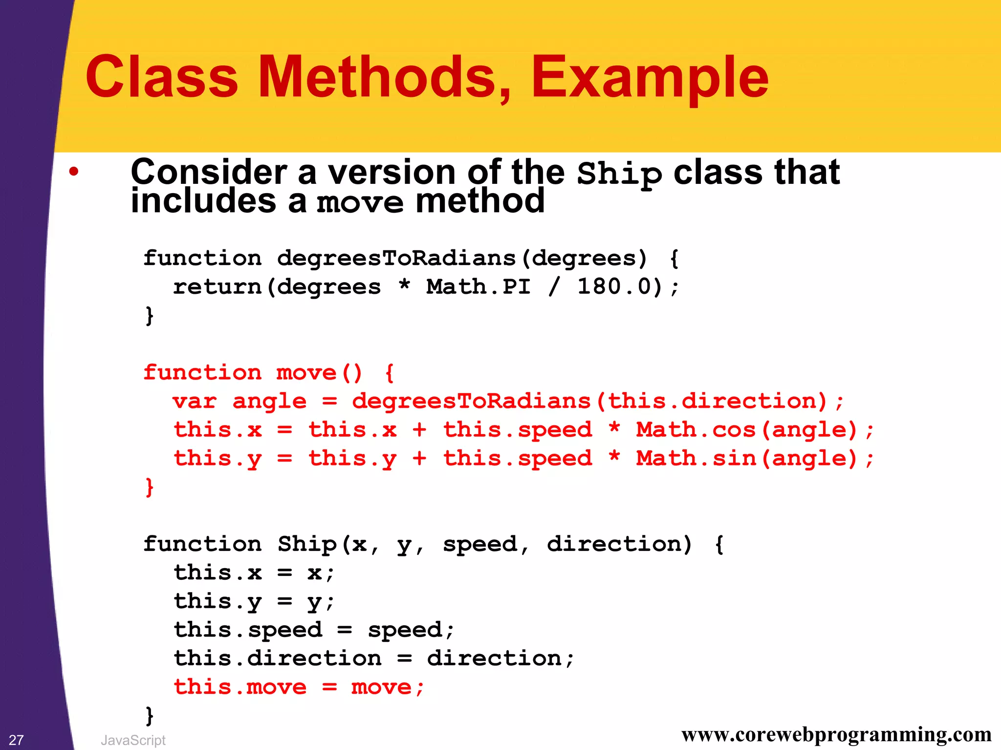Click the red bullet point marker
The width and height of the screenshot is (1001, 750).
[74, 172]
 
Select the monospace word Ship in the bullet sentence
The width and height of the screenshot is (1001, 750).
[619, 174]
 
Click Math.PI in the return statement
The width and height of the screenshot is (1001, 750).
[478, 287]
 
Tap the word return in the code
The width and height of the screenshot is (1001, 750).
[218, 287]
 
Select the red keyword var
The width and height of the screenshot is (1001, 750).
[195, 401]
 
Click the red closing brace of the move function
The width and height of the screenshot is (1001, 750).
[150, 487]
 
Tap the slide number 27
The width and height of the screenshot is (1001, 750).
[16, 740]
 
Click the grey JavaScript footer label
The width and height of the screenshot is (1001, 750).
[133, 740]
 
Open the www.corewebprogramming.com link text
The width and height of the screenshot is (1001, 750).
[836, 734]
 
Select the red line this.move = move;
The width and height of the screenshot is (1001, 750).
[299, 687]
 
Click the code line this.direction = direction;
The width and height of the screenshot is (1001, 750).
[374, 659]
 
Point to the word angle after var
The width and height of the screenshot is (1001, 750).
[269, 401]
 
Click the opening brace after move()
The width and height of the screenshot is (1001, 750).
[390, 373]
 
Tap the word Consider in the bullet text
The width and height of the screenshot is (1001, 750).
[209, 172]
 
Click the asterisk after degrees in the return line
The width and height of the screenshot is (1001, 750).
[404, 285]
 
